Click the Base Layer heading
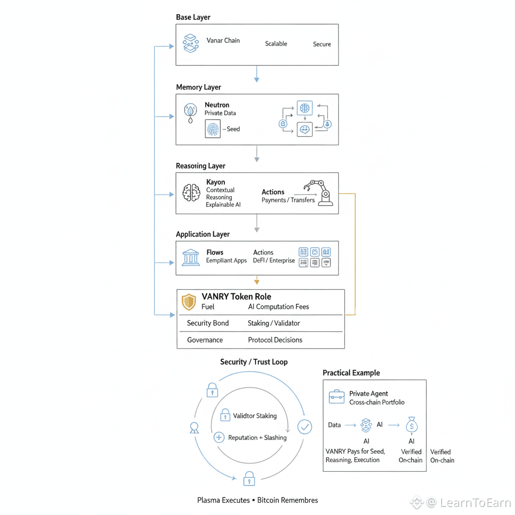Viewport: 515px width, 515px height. (x=193, y=18)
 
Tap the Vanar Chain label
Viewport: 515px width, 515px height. (x=223, y=40)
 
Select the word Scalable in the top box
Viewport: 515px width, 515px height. (x=276, y=44)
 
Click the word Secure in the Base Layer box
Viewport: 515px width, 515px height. (x=322, y=44)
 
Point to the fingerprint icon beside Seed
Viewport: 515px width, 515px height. (x=213, y=129)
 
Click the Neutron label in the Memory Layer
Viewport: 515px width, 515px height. (x=217, y=105)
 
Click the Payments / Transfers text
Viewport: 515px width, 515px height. (x=288, y=200)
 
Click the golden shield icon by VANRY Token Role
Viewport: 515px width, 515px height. (x=189, y=302)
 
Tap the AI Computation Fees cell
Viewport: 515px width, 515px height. (x=279, y=307)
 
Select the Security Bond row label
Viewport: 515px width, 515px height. (x=208, y=323)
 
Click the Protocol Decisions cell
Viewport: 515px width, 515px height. (x=275, y=340)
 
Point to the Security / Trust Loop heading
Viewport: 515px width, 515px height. (x=254, y=362)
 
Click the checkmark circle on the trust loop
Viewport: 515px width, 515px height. (x=305, y=427)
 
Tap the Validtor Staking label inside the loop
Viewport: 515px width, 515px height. (x=254, y=416)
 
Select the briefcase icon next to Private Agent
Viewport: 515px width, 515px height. (x=336, y=397)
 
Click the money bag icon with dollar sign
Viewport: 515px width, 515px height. (x=411, y=426)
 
